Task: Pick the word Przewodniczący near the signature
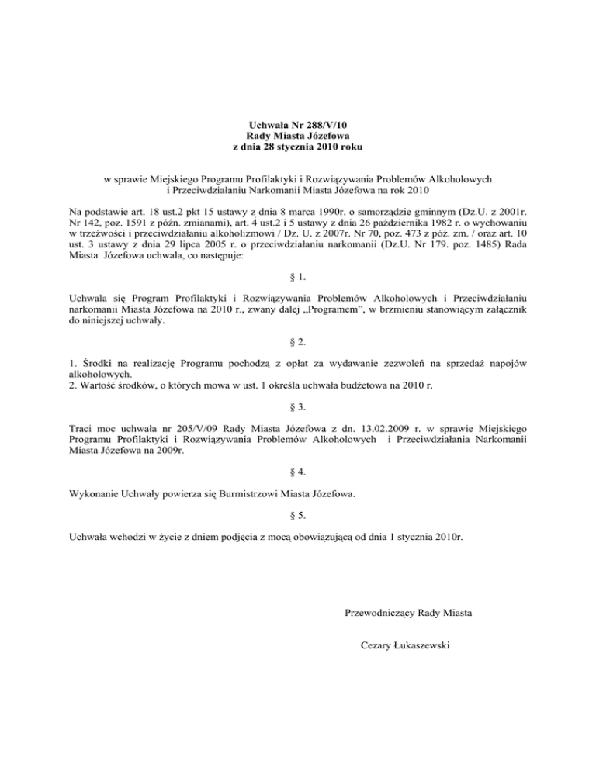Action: point(379,614)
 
